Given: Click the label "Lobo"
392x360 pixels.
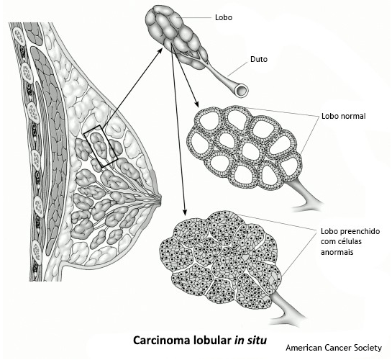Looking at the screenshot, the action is pyautogui.click(x=224, y=17).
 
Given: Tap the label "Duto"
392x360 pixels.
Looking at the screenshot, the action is pyautogui.click(x=259, y=59).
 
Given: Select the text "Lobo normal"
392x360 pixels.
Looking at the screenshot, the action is pyautogui.click(x=344, y=116).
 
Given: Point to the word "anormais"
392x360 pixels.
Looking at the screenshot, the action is pyautogui.click(x=337, y=252).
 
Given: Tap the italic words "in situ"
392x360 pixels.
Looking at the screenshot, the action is pyautogui.click(x=250, y=341).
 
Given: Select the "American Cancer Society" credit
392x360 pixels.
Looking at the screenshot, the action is pyautogui.click(x=334, y=348).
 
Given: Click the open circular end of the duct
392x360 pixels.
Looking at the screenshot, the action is pyautogui.click(x=242, y=90).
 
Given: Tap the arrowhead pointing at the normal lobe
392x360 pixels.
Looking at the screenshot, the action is pyautogui.click(x=196, y=104).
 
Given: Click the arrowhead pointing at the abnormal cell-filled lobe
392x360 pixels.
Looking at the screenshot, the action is pyautogui.click(x=185, y=212).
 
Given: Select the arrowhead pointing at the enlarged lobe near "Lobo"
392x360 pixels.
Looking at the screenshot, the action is pyautogui.click(x=160, y=51).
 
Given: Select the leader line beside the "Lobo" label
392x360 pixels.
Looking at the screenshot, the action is pyautogui.click(x=196, y=18).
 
